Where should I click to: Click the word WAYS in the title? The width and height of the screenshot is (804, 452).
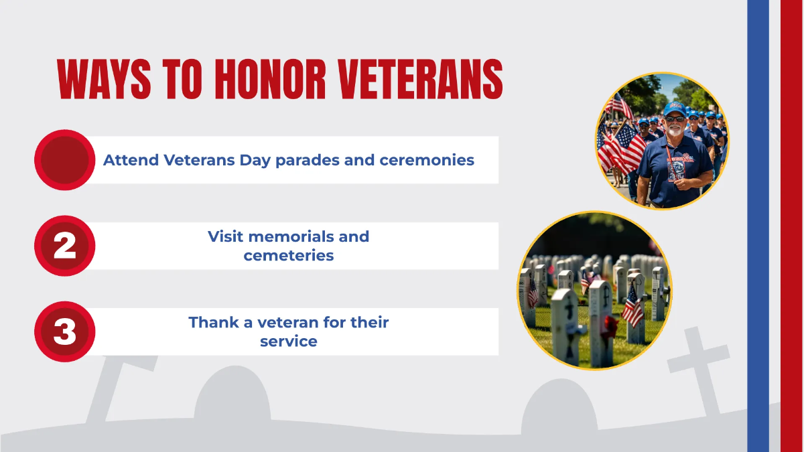click(x=94, y=80)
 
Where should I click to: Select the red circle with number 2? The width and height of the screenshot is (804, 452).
click(x=64, y=246)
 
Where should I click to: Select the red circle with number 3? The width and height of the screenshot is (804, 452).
click(x=64, y=332)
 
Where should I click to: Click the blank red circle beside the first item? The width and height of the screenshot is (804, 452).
click(x=64, y=160)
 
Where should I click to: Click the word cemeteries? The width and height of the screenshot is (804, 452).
click(x=289, y=255)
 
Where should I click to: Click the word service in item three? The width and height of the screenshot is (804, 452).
click(x=289, y=341)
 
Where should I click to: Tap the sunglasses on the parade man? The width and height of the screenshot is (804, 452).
click(x=674, y=119)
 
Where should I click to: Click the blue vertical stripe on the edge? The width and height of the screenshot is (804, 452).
click(x=758, y=226)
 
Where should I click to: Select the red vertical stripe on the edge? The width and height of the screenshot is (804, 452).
click(x=791, y=226)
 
